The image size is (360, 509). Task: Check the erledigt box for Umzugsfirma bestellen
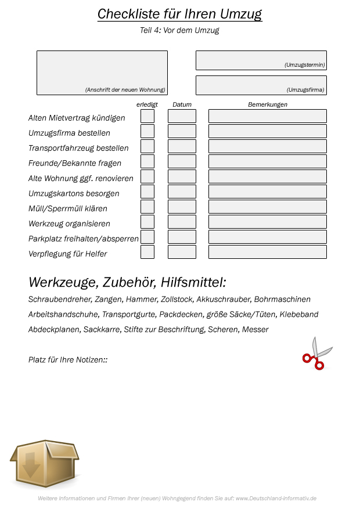click(x=147, y=131)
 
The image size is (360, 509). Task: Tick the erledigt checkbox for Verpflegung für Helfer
click(x=147, y=252)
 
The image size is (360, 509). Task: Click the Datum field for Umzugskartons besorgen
click(x=182, y=192)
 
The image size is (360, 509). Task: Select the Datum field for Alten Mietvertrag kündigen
click(x=182, y=116)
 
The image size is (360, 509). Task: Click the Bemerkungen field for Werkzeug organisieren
click(x=267, y=222)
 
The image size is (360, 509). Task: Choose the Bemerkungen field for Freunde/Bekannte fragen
click(x=267, y=161)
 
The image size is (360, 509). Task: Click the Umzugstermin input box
click(x=261, y=60)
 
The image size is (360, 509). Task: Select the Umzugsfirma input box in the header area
click(x=261, y=85)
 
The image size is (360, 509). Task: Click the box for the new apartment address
click(x=102, y=73)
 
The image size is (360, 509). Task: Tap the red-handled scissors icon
click(x=316, y=353)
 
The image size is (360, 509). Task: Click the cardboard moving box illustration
click(x=44, y=463)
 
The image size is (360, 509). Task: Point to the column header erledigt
click(x=147, y=104)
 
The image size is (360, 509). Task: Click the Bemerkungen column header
click(x=267, y=104)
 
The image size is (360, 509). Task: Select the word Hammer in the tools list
click(x=141, y=299)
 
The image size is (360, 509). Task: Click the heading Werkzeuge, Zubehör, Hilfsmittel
click(x=127, y=283)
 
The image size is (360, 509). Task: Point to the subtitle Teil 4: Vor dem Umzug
click(x=179, y=30)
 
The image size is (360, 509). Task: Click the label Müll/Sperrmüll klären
click(x=68, y=208)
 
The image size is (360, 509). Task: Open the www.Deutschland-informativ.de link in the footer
click(x=276, y=499)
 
